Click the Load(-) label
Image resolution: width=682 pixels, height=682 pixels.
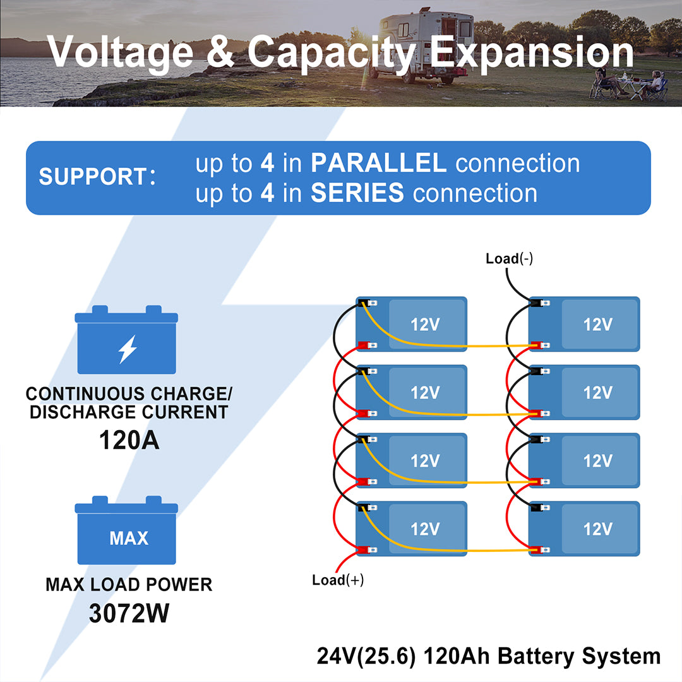509,258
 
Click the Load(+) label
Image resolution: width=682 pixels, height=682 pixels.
338,580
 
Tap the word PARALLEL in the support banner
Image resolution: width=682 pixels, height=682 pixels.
378,164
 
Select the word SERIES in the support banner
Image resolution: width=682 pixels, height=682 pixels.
357,193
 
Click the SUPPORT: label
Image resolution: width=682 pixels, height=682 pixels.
97,177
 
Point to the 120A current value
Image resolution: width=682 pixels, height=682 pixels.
129,440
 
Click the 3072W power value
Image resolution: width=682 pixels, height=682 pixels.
129,613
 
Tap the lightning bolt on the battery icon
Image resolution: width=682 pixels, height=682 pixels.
128,349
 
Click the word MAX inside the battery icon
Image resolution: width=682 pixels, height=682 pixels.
129,539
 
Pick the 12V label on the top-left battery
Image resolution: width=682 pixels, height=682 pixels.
425,325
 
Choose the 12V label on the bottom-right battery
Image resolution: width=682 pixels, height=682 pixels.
597,529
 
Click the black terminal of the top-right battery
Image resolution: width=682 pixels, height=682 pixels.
536,304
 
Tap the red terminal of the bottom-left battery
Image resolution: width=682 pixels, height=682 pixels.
363,550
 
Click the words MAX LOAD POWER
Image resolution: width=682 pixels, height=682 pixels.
129,585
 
